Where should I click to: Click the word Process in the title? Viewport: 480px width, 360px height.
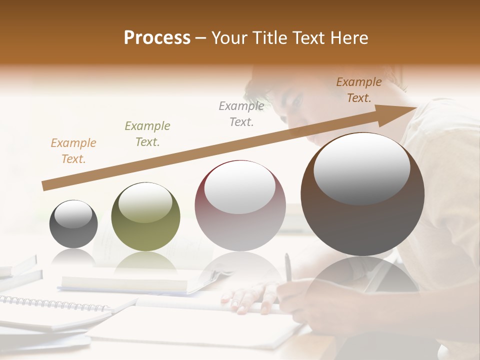click(157, 38)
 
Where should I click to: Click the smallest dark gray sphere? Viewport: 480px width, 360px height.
click(73, 224)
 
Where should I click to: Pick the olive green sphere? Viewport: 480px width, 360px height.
click(145, 216)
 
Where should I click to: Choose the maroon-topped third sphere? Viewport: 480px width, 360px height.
click(240, 205)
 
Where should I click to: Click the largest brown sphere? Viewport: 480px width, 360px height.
click(362, 194)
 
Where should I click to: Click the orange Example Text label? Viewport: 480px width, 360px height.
click(73, 151)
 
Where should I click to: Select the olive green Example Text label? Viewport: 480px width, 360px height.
click(147, 134)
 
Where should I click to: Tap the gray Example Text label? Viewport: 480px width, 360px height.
click(241, 113)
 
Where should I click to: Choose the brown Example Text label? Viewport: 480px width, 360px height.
click(359, 90)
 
